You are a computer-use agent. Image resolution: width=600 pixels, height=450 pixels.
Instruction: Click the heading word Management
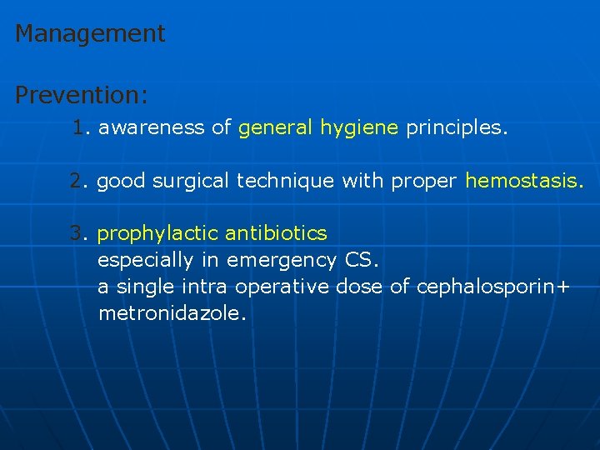(x=90, y=34)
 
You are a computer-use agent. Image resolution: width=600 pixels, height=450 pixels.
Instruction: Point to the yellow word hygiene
(x=359, y=128)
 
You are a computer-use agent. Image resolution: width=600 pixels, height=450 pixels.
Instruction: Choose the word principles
(x=454, y=128)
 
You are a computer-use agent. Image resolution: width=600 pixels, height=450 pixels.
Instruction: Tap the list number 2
(x=77, y=181)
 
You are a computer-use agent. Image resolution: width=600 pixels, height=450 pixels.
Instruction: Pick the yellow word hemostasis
(x=522, y=181)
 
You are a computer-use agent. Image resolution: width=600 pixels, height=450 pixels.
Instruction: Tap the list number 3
(x=77, y=232)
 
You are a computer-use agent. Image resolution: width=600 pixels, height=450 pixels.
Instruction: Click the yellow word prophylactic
(x=157, y=233)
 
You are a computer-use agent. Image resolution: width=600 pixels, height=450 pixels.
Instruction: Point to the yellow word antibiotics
(x=276, y=232)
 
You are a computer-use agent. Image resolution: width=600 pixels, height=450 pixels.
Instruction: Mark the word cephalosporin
(x=487, y=287)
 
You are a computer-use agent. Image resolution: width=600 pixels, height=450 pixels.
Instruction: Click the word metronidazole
(x=172, y=313)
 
